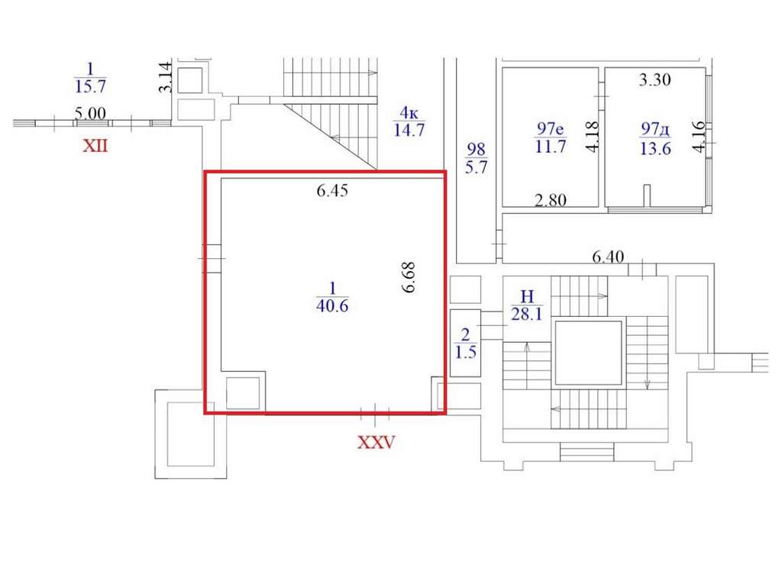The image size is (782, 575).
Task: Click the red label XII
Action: (95, 146)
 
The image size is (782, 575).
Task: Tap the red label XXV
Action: (376, 442)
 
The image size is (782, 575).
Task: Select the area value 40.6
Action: (332, 305)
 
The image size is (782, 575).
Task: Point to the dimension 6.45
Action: (332, 190)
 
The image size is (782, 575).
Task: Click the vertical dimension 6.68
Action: (409, 277)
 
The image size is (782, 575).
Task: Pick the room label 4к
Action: (409, 113)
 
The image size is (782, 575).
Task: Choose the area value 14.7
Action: (409, 130)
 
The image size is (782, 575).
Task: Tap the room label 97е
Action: (551, 128)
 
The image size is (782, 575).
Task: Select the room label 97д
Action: (655, 130)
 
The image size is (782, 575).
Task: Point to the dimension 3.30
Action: (654, 79)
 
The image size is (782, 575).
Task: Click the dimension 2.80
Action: (551, 200)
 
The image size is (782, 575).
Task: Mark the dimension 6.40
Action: (608, 257)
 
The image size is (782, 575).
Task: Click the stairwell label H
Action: (527, 297)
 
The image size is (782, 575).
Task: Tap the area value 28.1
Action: (527, 315)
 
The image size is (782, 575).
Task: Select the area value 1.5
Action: (465, 352)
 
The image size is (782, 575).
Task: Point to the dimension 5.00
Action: (90, 113)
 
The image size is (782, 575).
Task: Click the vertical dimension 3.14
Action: (166, 77)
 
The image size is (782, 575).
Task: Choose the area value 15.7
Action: (90, 86)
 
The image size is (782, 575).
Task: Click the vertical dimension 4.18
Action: (592, 137)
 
